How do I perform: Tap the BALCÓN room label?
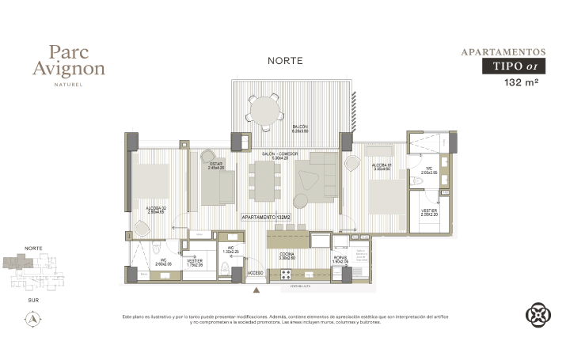[300, 128]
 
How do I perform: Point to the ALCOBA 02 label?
[156, 210]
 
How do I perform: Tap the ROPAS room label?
[340, 258]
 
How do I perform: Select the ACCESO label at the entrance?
[255, 273]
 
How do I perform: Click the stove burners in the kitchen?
[286, 274]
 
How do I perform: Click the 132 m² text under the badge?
[521, 82]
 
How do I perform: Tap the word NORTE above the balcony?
[285, 61]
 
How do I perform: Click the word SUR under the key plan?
[33, 301]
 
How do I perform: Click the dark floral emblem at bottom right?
[538, 315]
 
